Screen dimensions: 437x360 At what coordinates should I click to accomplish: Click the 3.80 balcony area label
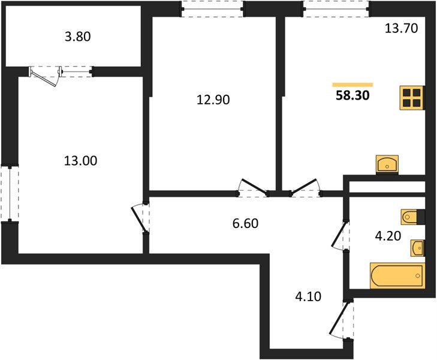pyautogui.click(x=78, y=37)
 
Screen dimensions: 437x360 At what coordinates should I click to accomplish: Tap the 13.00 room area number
pyautogui.click(x=80, y=161)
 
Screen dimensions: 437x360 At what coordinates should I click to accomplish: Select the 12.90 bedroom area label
pyautogui.click(x=213, y=100)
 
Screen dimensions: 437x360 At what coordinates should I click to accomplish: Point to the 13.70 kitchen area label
pyautogui.click(x=401, y=28)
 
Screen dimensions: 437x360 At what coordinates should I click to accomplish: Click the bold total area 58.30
pyautogui.click(x=352, y=95)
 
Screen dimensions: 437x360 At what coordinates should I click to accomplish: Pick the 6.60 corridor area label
pyautogui.click(x=246, y=224)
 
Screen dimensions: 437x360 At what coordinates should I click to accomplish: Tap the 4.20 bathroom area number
pyautogui.click(x=388, y=236)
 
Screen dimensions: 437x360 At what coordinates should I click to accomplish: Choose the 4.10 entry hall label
pyautogui.click(x=308, y=296)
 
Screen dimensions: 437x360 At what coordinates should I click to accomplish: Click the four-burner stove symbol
pyautogui.click(x=412, y=98)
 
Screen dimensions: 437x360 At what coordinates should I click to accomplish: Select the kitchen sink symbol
pyautogui.click(x=387, y=164)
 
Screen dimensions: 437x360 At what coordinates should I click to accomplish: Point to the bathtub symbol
pyautogui.click(x=397, y=275)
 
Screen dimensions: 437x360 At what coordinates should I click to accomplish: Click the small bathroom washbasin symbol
pyautogui.click(x=417, y=248)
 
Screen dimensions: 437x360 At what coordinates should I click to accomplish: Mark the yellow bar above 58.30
pyautogui.click(x=352, y=85)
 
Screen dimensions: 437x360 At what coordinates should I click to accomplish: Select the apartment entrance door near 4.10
pyautogui.click(x=342, y=320)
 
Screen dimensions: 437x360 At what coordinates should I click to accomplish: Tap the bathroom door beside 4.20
pyautogui.click(x=340, y=235)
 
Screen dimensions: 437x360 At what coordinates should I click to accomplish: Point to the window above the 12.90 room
pyautogui.click(x=213, y=10)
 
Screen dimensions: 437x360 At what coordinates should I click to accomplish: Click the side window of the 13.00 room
pyautogui.click(x=10, y=194)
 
